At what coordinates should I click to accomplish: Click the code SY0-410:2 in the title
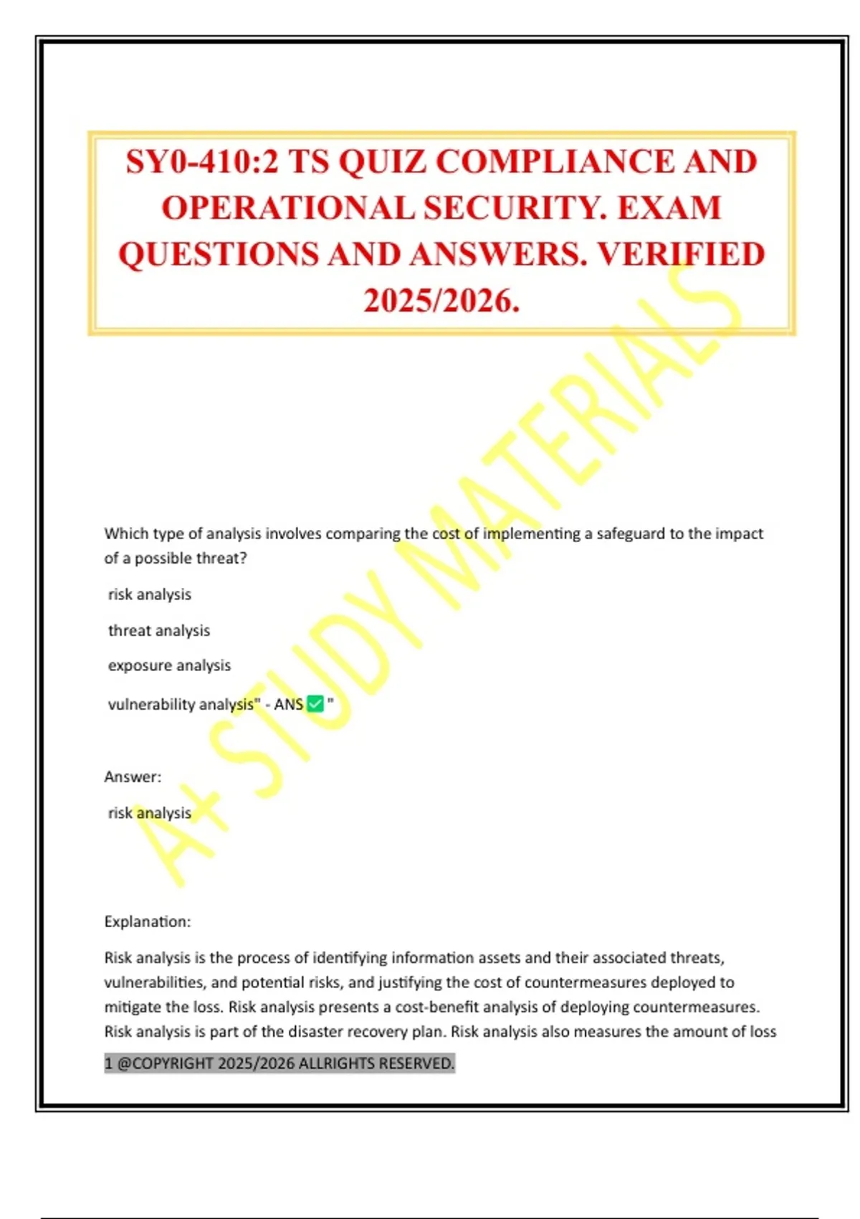click(201, 162)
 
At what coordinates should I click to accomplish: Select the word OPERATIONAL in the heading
click(287, 209)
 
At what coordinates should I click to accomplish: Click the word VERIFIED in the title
click(681, 255)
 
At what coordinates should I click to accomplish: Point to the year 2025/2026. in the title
click(441, 300)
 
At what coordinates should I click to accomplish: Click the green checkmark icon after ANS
click(315, 704)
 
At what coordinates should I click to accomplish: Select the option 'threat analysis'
click(159, 630)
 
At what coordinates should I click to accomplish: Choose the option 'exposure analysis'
click(169, 665)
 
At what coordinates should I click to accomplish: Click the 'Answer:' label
click(133, 777)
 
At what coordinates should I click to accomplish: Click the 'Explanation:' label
click(148, 921)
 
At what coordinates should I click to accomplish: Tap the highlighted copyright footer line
click(279, 1063)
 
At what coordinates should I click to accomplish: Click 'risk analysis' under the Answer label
click(150, 812)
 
